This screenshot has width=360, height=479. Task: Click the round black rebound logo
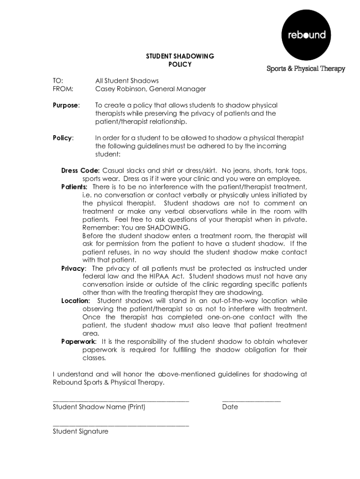coord(306,35)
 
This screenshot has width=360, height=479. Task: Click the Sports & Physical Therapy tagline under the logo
coord(306,69)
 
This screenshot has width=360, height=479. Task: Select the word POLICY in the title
coord(180,65)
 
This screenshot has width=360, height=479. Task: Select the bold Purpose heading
coord(65,105)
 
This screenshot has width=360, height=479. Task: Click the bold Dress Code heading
coord(80,170)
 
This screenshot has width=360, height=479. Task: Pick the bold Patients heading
coord(74,187)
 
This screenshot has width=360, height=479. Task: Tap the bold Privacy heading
coord(73,268)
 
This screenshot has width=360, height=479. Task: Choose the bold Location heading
coord(75,301)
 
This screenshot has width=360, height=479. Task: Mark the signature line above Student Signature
coord(121,426)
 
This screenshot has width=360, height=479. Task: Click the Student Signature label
coord(80,431)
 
